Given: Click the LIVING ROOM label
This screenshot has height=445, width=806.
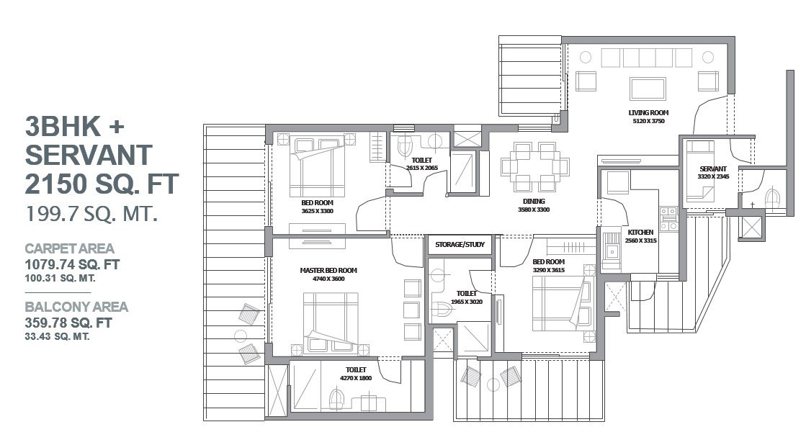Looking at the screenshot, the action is (x=648, y=112).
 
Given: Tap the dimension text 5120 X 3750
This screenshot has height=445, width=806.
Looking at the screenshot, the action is (x=648, y=121).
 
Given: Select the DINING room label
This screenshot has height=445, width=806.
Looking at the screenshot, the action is (x=534, y=202).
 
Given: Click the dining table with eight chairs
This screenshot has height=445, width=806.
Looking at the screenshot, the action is (x=534, y=167).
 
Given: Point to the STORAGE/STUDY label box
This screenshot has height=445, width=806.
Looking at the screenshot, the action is (x=460, y=245).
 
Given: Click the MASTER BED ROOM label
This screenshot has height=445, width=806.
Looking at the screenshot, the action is (x=328, y=270).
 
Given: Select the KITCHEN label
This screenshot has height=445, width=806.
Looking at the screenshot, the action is (x=640, y=233).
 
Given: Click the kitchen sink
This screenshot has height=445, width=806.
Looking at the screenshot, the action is (x=612, y=251).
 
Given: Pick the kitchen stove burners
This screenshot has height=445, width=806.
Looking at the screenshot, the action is (x=668, y=219).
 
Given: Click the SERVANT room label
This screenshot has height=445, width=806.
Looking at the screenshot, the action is (x=713, y=168).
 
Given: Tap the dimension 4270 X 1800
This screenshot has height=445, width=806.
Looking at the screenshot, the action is (x=356, y=378).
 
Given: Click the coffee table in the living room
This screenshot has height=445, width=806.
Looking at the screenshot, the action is (x=648, y=89).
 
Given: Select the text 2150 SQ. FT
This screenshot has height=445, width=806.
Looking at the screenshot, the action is (x=102, y=184).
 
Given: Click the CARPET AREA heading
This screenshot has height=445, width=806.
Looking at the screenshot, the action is (x=69, y=248).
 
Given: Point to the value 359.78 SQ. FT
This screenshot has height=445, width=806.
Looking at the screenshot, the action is (x=68, y=323).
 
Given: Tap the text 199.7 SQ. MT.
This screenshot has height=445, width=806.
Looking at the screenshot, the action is (x=91, y=212).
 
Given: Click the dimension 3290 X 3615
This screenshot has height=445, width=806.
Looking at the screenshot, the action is (x=548, y=270).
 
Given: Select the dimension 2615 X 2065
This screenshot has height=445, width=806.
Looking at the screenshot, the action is (x=422, y=168).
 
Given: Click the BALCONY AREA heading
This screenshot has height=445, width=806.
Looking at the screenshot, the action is (x=76, y=307).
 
